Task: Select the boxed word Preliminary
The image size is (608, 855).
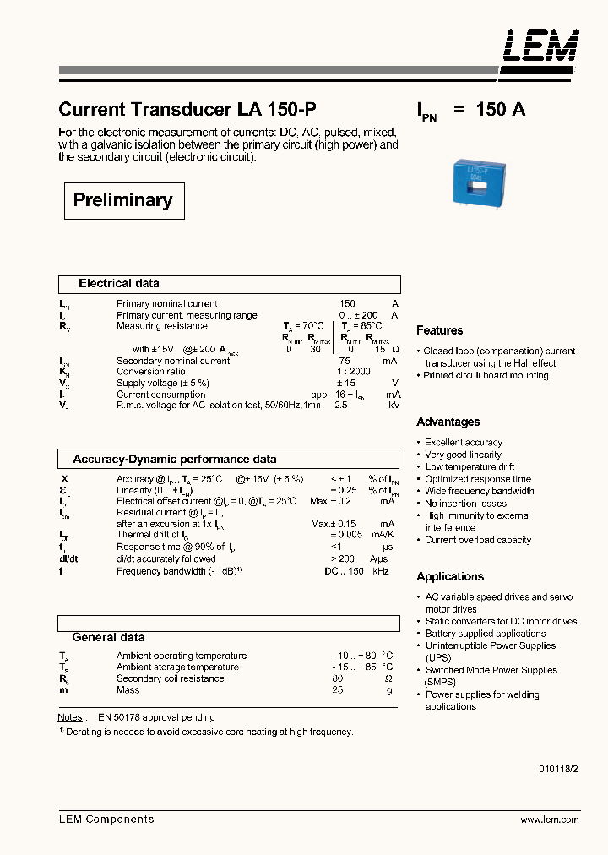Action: coord(123,200)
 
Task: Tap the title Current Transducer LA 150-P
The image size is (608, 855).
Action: coord(187,110)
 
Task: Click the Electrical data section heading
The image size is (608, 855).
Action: coord(118,284)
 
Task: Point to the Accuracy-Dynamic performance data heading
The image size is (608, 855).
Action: coord(175,460)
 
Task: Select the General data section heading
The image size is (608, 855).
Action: coord(108,638)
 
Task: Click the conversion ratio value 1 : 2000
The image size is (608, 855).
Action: coord(354,372)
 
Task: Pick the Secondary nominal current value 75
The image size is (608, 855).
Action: coord(344,361)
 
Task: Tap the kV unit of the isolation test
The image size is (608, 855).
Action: coord(394,406)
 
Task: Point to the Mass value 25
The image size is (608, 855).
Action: coord(338,690)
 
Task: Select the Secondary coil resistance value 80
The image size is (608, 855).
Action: coord(338,678)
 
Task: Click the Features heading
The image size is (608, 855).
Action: coord(439,330)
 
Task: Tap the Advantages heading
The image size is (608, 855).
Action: coord(448,422)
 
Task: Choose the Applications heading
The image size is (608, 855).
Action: coord(450,576)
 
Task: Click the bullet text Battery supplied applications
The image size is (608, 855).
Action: coord(486,634)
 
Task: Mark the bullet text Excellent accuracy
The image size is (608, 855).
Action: coord(464,442)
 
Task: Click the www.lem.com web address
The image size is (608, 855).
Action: coord(549,820)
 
